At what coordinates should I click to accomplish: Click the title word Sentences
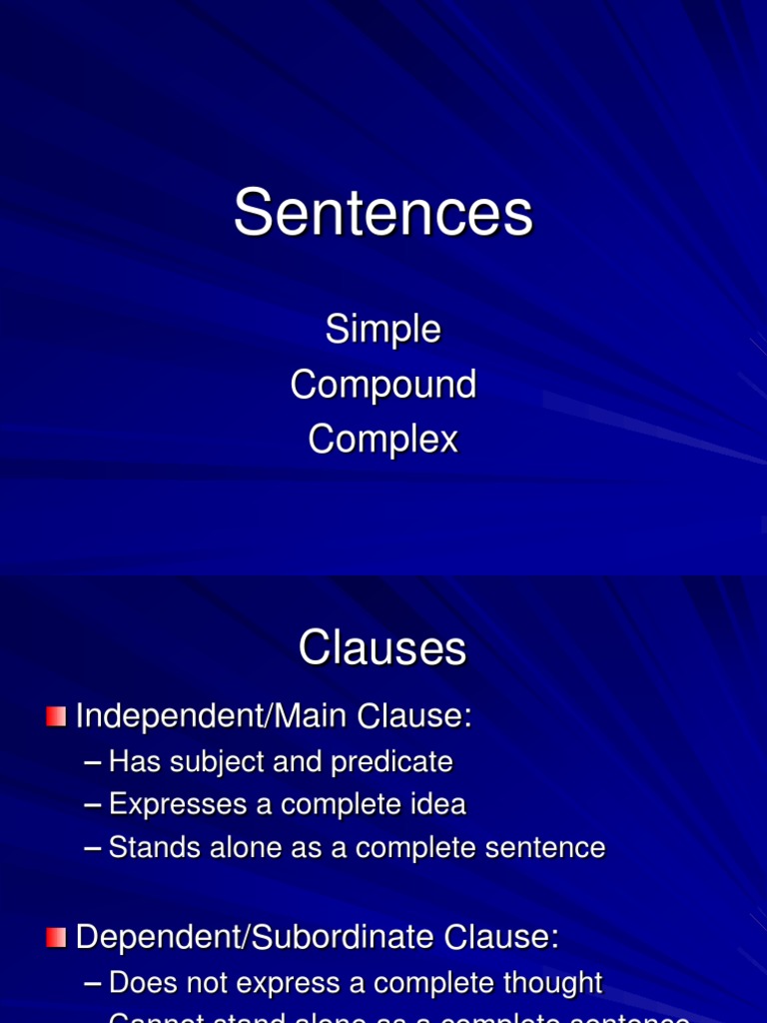tap(383, 213)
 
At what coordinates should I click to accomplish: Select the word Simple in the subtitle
tap(383, 329)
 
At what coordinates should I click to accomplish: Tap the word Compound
tap(383, 385)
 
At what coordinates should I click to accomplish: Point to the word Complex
tap(383, 440)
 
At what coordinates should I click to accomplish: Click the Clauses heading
tap(383, 648)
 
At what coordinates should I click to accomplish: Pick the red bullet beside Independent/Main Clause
tap(56, 716)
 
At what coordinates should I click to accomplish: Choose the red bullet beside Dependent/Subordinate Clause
tap(56, 937)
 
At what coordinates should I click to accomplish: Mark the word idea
tap(440, 804)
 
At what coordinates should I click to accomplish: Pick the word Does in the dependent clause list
tap(139, 983)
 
